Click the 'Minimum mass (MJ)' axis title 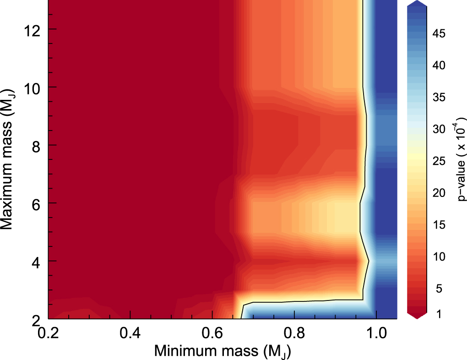point(223,351)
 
